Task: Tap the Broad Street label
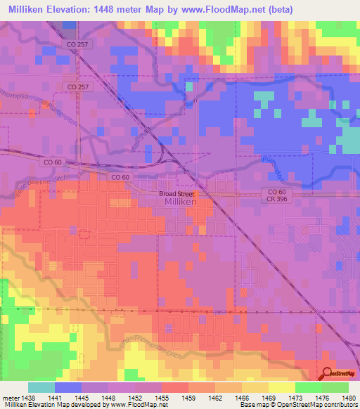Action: point(176,193)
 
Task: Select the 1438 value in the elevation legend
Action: point(28,397)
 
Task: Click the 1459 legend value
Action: point(188,397)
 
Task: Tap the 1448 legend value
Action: point(108,397)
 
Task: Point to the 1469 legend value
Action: point(269,397)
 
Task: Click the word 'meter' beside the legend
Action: point(10,397)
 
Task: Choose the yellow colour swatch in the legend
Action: point(281,387)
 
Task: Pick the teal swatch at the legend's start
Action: point(41,387)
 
